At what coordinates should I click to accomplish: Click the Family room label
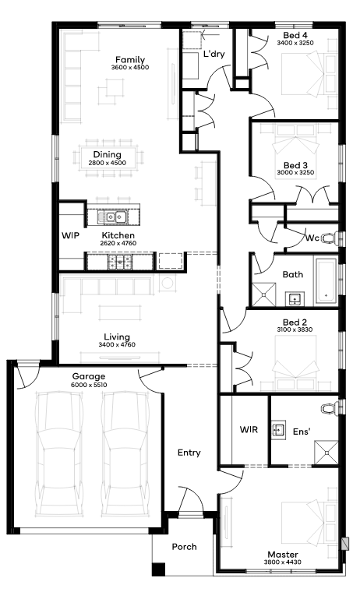130,60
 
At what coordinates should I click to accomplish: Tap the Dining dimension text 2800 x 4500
107,163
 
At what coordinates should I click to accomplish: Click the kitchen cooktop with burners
120,262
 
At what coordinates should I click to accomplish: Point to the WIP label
71,235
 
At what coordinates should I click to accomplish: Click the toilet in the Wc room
330,238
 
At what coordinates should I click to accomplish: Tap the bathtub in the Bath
326,282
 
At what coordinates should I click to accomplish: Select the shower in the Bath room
263,294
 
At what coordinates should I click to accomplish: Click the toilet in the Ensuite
330,408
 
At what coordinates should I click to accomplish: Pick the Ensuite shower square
326,453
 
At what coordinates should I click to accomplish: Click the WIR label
249,429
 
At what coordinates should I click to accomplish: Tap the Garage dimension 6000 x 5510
89,385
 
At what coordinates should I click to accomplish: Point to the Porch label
184,547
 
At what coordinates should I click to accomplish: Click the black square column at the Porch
158,569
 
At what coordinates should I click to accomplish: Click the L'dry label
214,54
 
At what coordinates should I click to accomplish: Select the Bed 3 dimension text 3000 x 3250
295,172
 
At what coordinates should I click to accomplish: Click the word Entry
189,453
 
